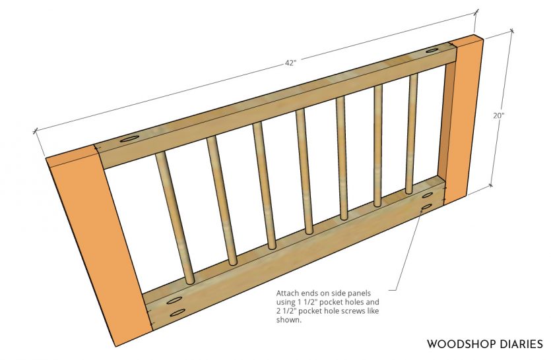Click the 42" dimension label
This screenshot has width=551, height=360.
coord(290,63)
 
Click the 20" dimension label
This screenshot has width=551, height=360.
coord(499,115)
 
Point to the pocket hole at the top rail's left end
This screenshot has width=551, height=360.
coord(129,139)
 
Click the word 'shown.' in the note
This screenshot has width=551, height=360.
coord(289,320)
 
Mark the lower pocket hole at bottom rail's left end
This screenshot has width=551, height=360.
coord(178,313)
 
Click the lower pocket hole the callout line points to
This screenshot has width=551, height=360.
coord(426,208)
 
